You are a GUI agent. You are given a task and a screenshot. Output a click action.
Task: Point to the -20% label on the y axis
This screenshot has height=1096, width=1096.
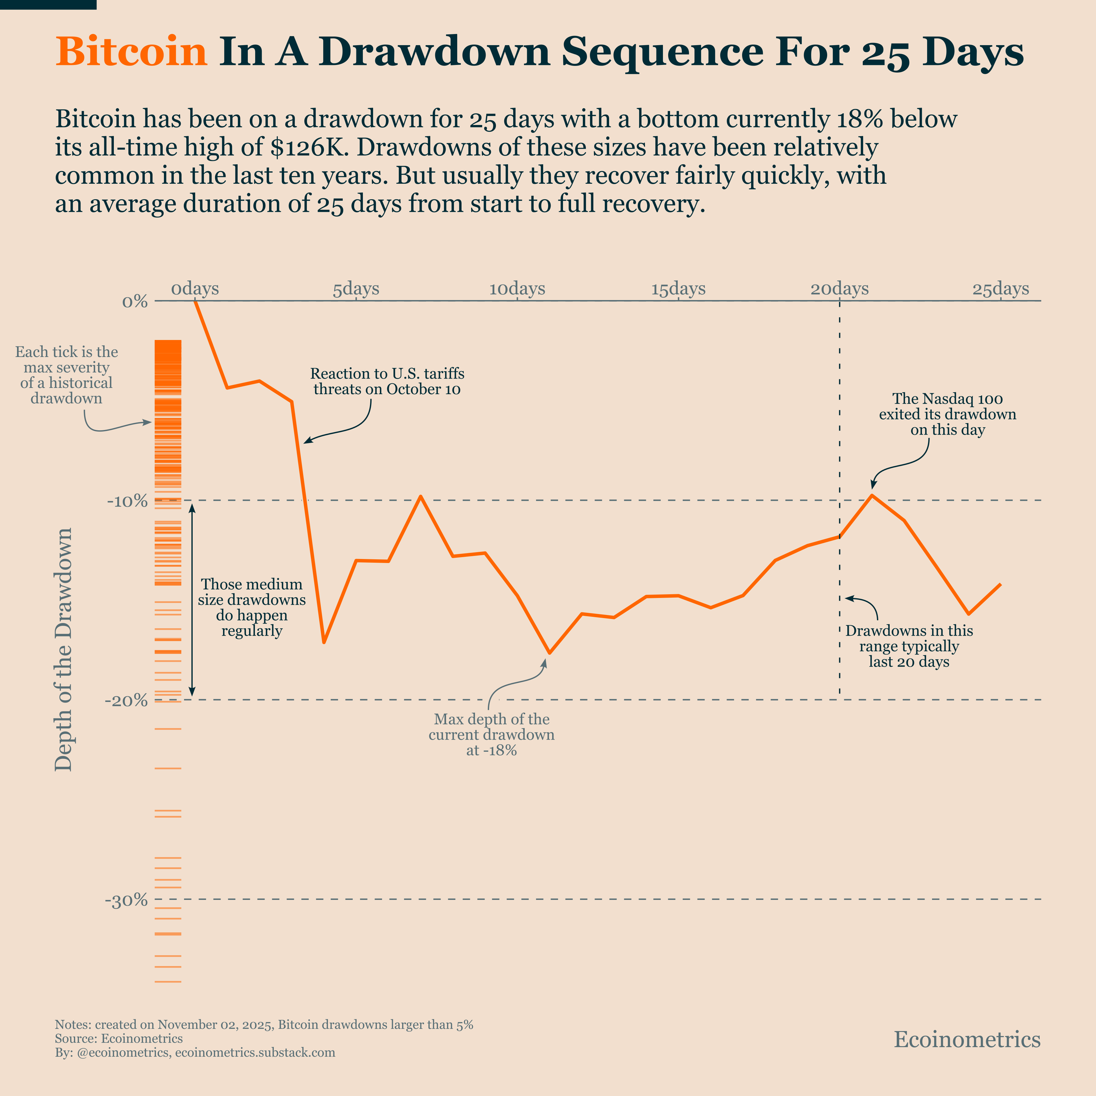pyautogui.click(x=126, y=701)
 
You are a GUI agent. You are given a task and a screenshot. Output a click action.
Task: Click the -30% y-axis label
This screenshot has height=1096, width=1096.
pyautogui.click(x=126, y=900)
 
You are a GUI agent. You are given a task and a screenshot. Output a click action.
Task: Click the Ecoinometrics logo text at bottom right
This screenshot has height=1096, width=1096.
pyautogui.click(x=967, y=1039)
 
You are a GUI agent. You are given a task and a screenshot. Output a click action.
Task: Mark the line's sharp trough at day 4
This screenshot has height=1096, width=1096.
pyautogui.click(x=323, y=642)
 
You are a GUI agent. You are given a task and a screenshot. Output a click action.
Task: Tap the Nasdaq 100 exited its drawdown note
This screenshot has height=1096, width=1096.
pyautogui.click(x=948, y=414)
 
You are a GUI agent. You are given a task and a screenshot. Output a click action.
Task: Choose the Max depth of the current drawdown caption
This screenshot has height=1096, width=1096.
pyautogui.click(x=491, y=735)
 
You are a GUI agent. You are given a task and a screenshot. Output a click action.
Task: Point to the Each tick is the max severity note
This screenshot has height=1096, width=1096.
pyautogui.click(x=67, y=375)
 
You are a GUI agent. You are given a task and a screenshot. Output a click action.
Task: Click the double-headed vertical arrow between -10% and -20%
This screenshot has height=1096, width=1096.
pyautogui.click(x=192, y=600)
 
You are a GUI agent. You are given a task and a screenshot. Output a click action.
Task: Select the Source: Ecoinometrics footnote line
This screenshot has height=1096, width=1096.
pyautogui.click(x=118, y=1039)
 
